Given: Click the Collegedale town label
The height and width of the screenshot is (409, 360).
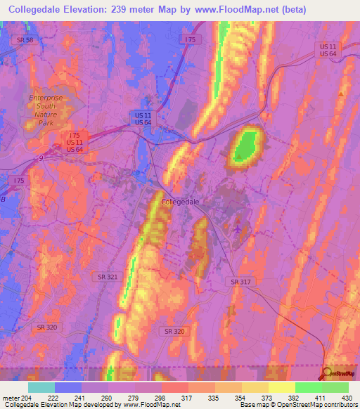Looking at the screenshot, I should tap(181, 201).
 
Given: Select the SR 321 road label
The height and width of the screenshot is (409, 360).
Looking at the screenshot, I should tap(108, 278).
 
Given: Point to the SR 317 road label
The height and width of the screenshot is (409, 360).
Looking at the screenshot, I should tap(240, 281).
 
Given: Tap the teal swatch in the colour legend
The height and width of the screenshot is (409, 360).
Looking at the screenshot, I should tap(41, 387).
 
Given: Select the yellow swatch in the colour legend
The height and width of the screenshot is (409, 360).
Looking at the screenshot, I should tap(281, 387).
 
